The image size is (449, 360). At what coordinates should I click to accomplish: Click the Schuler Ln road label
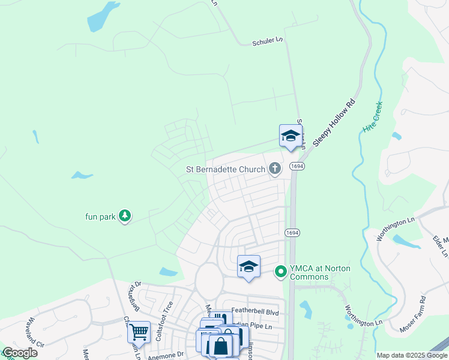coord(267,40)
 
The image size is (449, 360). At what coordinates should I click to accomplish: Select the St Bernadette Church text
coord(225,169)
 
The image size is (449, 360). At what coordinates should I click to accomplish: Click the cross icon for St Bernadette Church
coord(275,169)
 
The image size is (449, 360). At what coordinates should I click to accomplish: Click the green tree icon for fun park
coord(124,215)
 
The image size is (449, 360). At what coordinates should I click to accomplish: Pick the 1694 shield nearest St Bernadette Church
coord(295,166)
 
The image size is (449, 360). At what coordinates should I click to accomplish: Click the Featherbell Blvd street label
coord(255,313)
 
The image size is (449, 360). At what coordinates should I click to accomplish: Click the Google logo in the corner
coord(20,353)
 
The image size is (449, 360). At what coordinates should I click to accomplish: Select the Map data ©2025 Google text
coord(411,355)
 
